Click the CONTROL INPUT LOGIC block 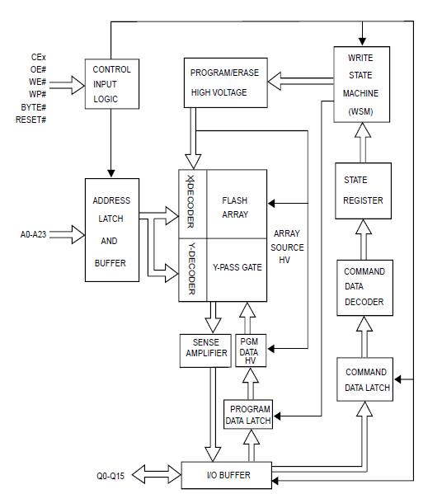click(x=110, y=82)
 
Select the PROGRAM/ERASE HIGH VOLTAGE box click(x=225, y=82)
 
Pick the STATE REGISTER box click(x=360, y=191)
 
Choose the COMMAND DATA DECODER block click(x=364, y=286)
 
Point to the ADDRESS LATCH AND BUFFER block click(x=110, y=231)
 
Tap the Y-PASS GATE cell click(x=235, y=269)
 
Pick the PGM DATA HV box click(x=248, y=351)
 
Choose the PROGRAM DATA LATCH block click(x=250, y=414)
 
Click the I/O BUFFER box click(x=228, y=475)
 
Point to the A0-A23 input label click(x=37, y=234)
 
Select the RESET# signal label click(x=31, y=120)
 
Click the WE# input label click(x=37, y=82)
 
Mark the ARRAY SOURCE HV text click(x=287, y=247)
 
